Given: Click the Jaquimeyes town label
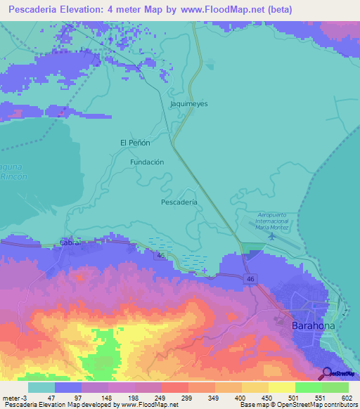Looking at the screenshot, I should click(189, 103).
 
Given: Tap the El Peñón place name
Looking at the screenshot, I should click(135, 143).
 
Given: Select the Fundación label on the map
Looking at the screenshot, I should click(147, 162).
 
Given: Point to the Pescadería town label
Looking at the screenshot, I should click(179, 202).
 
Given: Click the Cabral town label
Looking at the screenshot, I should click(71, 242).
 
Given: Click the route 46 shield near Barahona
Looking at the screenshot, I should click(250, 279).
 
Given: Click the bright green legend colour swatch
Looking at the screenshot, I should click(308, 387).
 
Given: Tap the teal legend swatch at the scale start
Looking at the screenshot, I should click(41, 387).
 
